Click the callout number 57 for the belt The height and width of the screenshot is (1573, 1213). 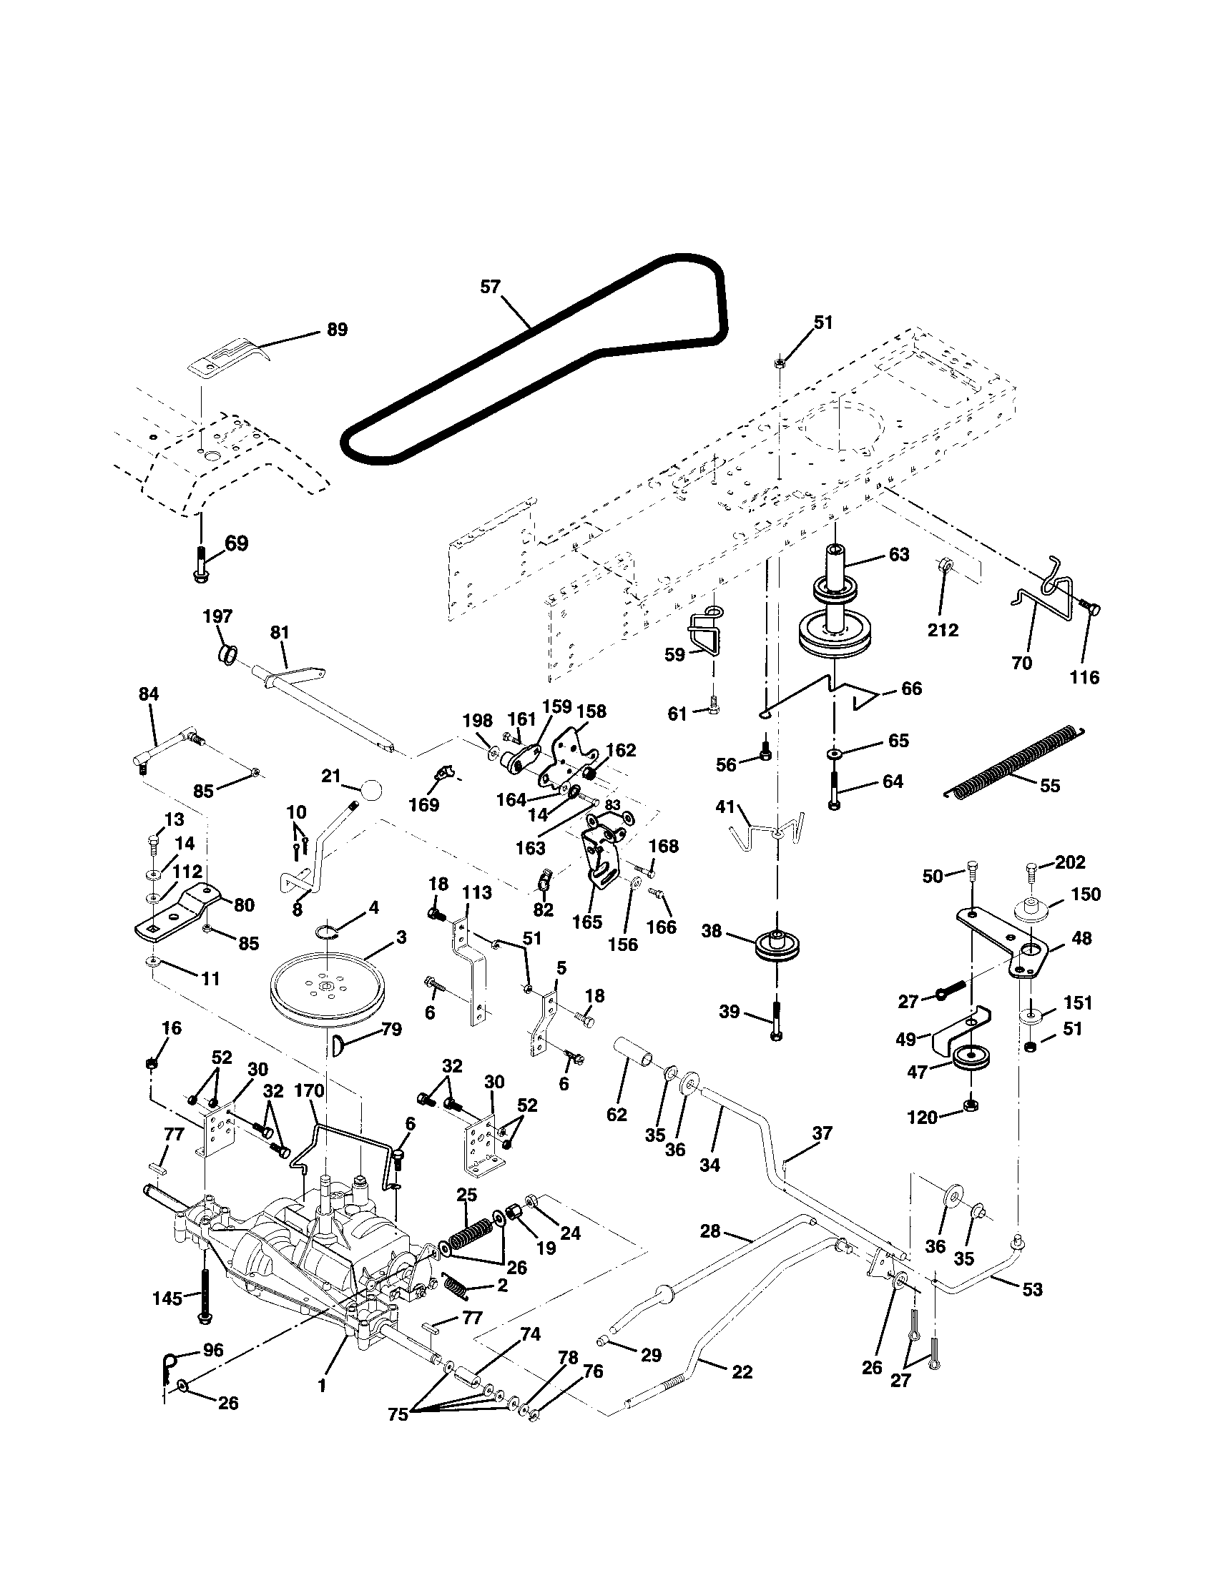490,287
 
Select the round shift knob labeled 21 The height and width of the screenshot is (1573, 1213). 371,790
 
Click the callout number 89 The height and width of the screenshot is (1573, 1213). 336,330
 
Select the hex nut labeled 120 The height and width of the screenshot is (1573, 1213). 970,1105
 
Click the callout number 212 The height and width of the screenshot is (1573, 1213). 943,630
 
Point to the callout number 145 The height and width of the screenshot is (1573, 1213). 167,1298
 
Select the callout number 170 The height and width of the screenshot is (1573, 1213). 310,1091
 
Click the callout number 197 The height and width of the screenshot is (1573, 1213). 217,616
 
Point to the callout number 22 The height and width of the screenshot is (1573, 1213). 741,1372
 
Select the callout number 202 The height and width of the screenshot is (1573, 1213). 1071,862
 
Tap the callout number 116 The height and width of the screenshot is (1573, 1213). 1085,677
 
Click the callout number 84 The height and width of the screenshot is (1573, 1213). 148,694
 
